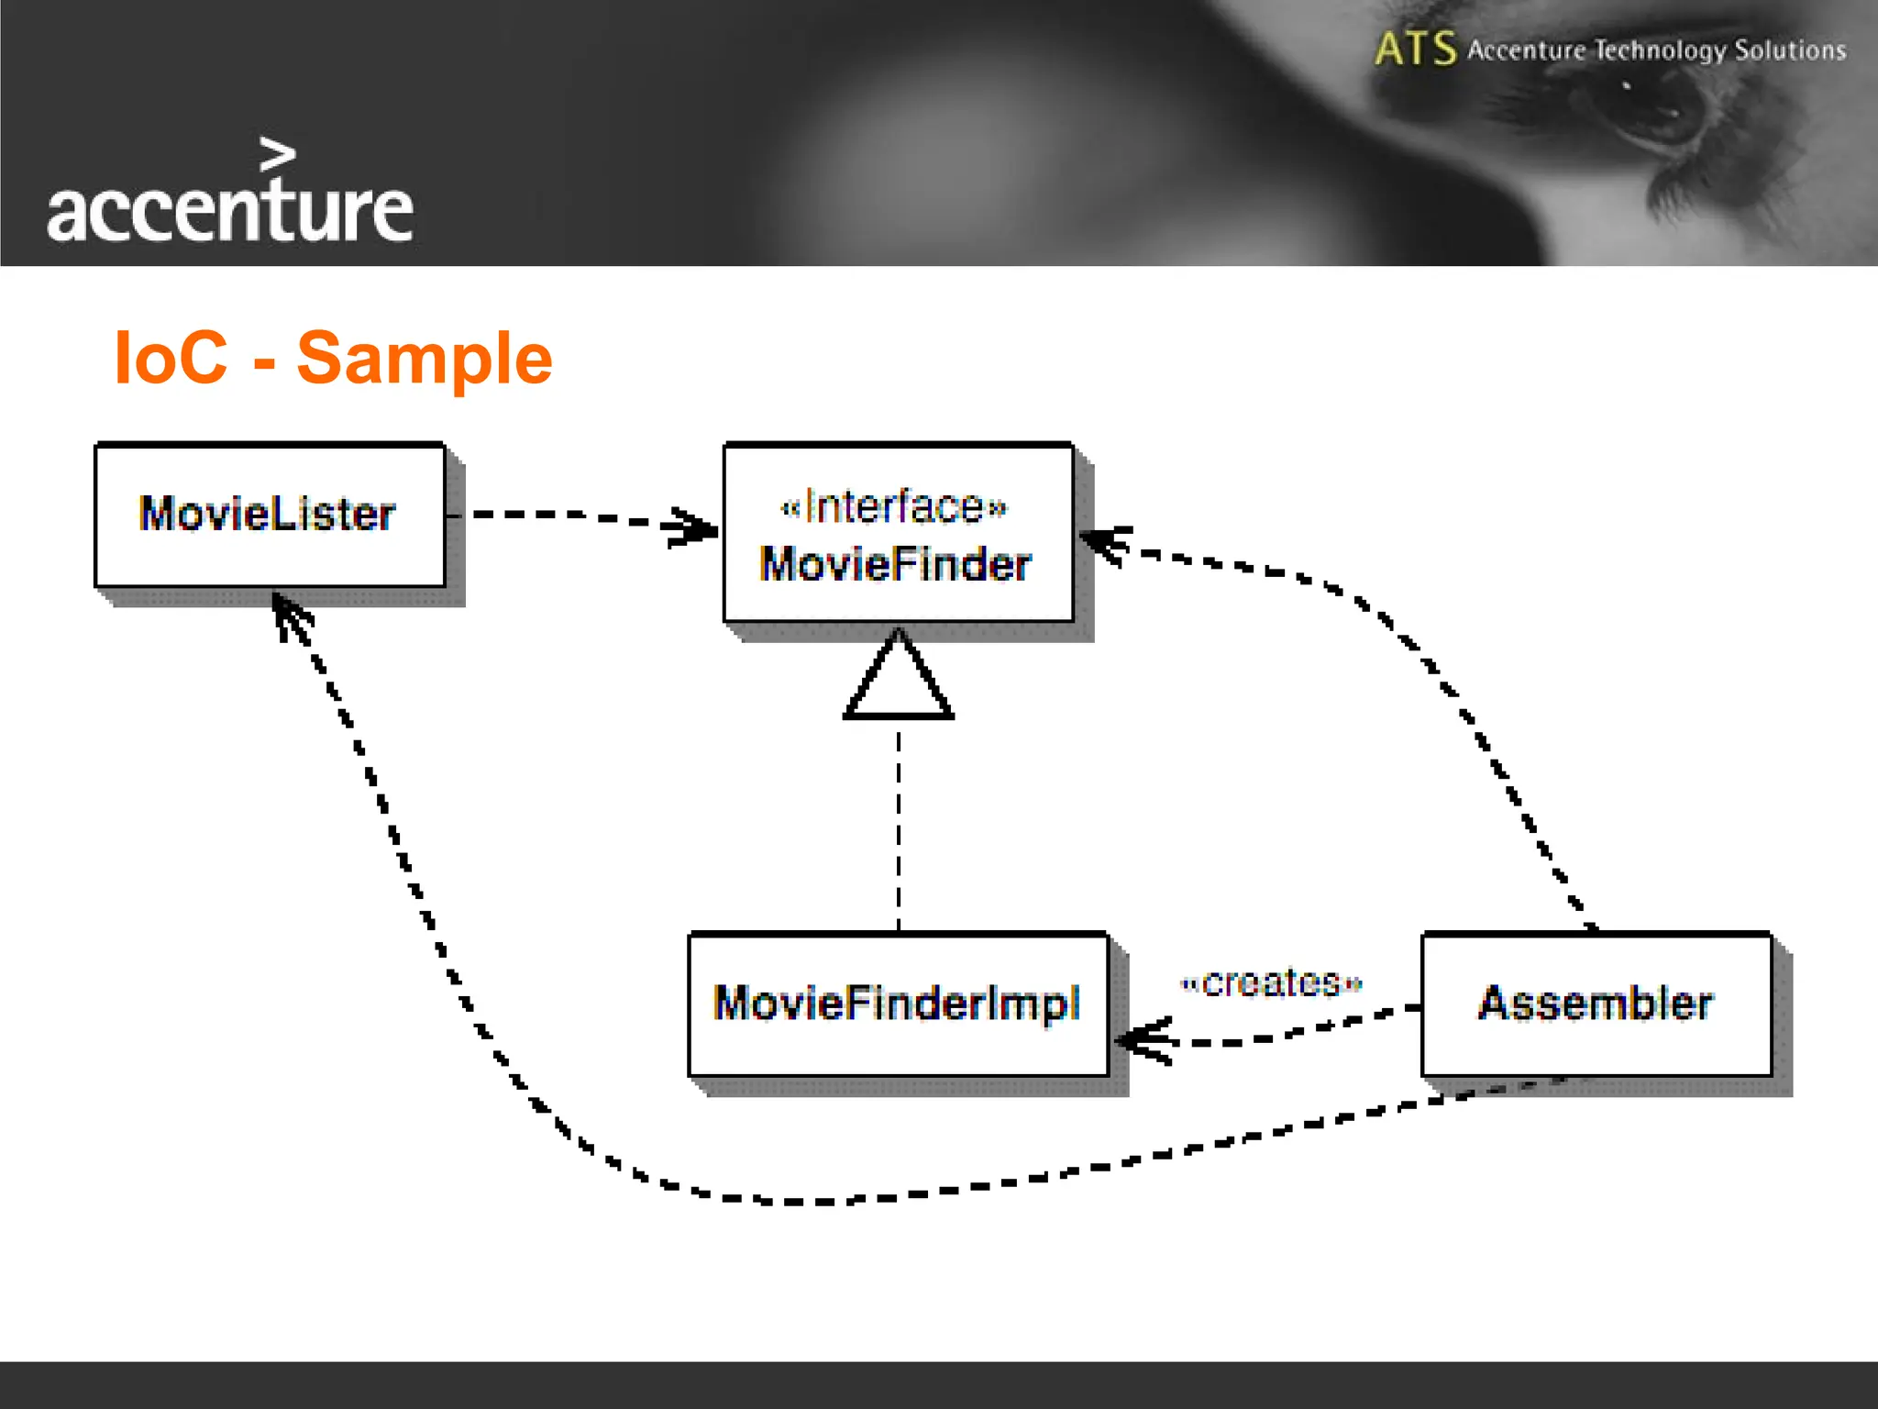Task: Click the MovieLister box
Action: pyautogui.click(x=270, y=516)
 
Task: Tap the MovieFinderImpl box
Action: pyautogui.click(x=898, y=1004)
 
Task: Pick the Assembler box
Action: pyautogui.click(x=1596, y=1004)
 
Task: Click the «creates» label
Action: pyautogui.click(x=1271, y=983)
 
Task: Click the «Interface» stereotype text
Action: pyautogui.click(x=893, y=506)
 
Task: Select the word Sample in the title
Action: pyautogui.click(x=425, y=358)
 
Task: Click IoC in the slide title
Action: pyautogui.click(x=171, y=358)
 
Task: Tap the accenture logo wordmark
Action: pyautogui.click(x=229, y=211)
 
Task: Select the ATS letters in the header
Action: pyautogui.click(x=1415, y=49)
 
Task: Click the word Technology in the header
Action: pyautogui.click(x=1660, y=50)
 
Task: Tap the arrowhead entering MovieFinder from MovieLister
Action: pyautogui.click(x=693, y=527)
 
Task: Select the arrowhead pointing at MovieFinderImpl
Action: pyautogui.click(x=1143, y=1040)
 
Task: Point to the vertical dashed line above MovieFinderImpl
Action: pyautogui.click(x=898, y=826)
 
